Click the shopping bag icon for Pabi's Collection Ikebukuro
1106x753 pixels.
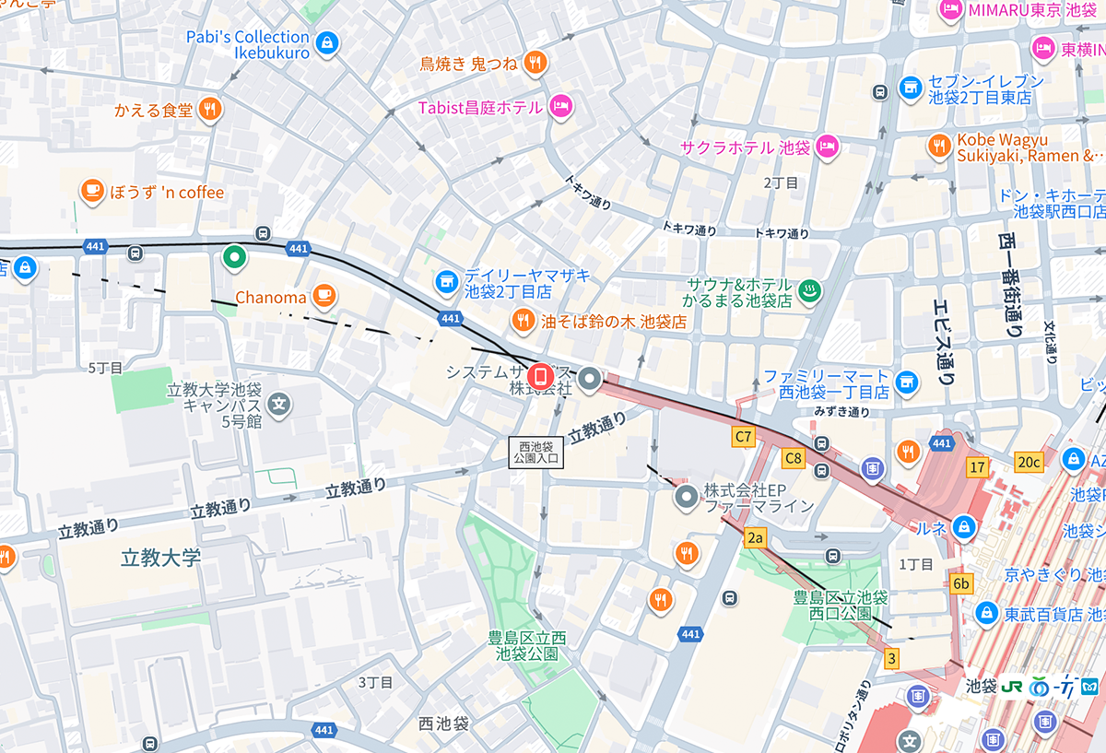(x=326, y=42)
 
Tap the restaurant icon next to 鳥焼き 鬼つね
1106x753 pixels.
(x=535, y=63)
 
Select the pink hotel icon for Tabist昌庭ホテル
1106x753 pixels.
(x=560, y=107)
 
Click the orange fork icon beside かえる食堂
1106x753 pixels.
(x=211, y=110)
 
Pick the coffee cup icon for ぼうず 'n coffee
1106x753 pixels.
(x=91, y=191)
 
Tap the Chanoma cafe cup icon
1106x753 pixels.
(x=323, y=296)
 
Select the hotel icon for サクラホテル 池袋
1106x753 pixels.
(x=828, y=146)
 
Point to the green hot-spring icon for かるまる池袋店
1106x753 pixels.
(x=809, y=291)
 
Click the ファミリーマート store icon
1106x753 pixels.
(x=908, y=382)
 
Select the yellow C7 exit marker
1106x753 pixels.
(x=743, y=435)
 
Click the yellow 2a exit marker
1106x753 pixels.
(x=756, y=537)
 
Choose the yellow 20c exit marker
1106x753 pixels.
(x=1029, y=462)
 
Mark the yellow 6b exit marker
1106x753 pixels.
(x=961, y=583)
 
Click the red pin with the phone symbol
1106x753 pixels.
(x=541, y=377)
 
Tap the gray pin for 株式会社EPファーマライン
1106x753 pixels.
(x=686, y=498)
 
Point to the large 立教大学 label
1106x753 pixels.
(x=160, y=557)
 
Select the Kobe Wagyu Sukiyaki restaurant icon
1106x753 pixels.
(x=938, y=146)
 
